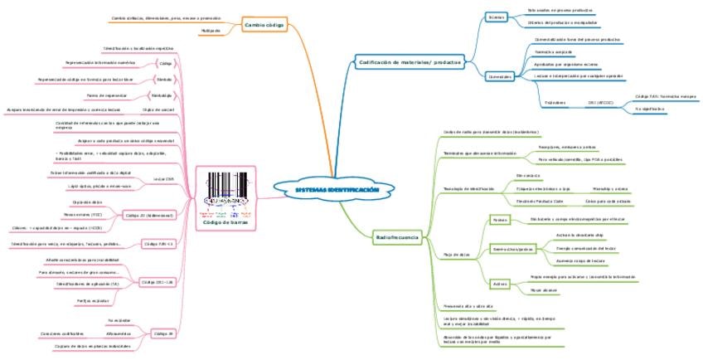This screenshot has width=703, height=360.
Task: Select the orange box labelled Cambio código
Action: [264, 26]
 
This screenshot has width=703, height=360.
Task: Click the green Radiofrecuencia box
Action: [397, 238]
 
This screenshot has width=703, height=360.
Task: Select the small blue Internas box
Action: [497, 17]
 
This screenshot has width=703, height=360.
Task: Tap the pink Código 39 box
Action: [158, 334]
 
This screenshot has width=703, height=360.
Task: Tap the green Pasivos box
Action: [500, 220]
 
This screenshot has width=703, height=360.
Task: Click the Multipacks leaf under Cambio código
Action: [211, 32]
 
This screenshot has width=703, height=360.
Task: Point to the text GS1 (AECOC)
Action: [600, 103]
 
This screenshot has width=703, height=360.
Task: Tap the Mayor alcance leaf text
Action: [542, 290]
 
